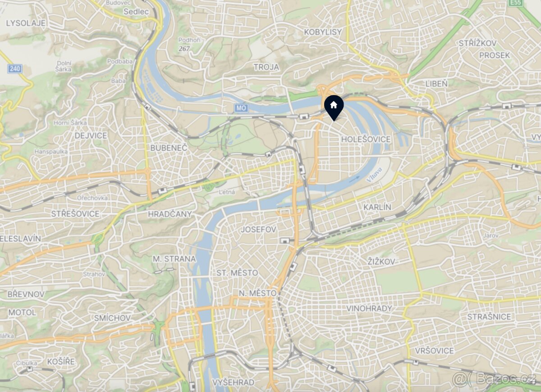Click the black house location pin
[x=334, y=107]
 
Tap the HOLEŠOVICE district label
[x=366, y=140]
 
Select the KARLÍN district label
[x=377, y=207]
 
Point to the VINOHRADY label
[x=369, y=309]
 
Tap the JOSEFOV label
[x=258, y=230]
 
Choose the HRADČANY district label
[x=170, y=214]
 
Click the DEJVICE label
[x=91, y=135]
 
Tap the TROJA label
[x=266, y=67]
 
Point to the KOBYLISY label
[x=323, y=32]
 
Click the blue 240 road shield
[x=14, y=69]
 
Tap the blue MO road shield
[x=241, y=108]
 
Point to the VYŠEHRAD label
[x=234, y=383]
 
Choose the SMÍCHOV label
[x=112, y=318]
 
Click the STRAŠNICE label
[x=489, y=317]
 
